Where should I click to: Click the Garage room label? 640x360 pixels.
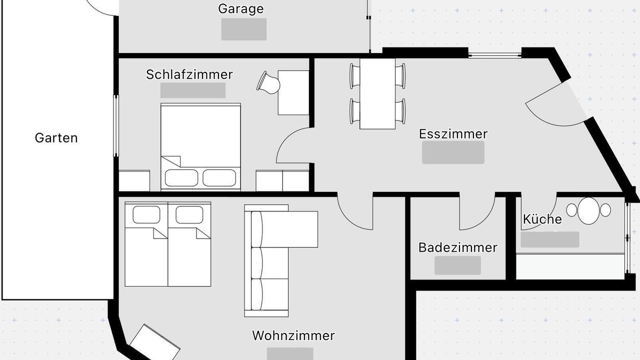pos(241,9)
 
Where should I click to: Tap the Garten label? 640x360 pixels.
pos(56,138)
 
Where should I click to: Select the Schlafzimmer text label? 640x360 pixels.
pos(189,74)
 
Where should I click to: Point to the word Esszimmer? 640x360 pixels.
pos(453,134)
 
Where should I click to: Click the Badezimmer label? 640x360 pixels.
pos(457,247)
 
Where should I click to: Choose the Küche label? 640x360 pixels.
pos(542,219)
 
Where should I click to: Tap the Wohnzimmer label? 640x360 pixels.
pos(293,335)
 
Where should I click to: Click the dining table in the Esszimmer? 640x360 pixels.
pos(377,94)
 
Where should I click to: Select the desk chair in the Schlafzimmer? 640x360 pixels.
pos(268,82)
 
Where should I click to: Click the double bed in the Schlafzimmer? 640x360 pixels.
pos(200,146)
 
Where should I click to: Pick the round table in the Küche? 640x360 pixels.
pos(588,211)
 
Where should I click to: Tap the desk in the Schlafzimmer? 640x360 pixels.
pos(293,93)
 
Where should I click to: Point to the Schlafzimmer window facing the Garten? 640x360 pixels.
pos(115,125)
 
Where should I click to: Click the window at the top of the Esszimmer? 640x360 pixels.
pos(495,56)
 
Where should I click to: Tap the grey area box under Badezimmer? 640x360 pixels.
pos(457,265)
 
